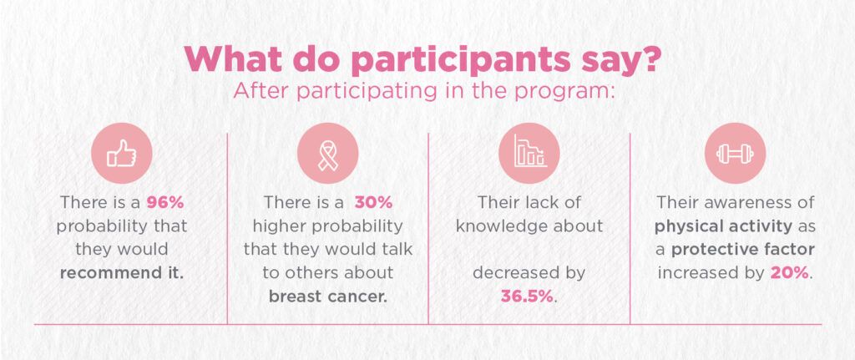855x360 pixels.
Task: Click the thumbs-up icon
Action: [122, 154]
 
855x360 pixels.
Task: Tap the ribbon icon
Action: [327, 154]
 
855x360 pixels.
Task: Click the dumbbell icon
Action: [735, 154]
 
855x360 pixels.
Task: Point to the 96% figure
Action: [165, 203]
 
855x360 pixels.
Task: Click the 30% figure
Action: [373, 203]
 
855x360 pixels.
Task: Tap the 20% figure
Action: [789, 273]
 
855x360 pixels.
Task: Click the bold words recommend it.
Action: [122, 273]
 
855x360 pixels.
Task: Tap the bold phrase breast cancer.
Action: [327, 297]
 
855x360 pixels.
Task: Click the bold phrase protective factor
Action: [742, 250]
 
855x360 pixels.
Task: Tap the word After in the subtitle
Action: [254, 91]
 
